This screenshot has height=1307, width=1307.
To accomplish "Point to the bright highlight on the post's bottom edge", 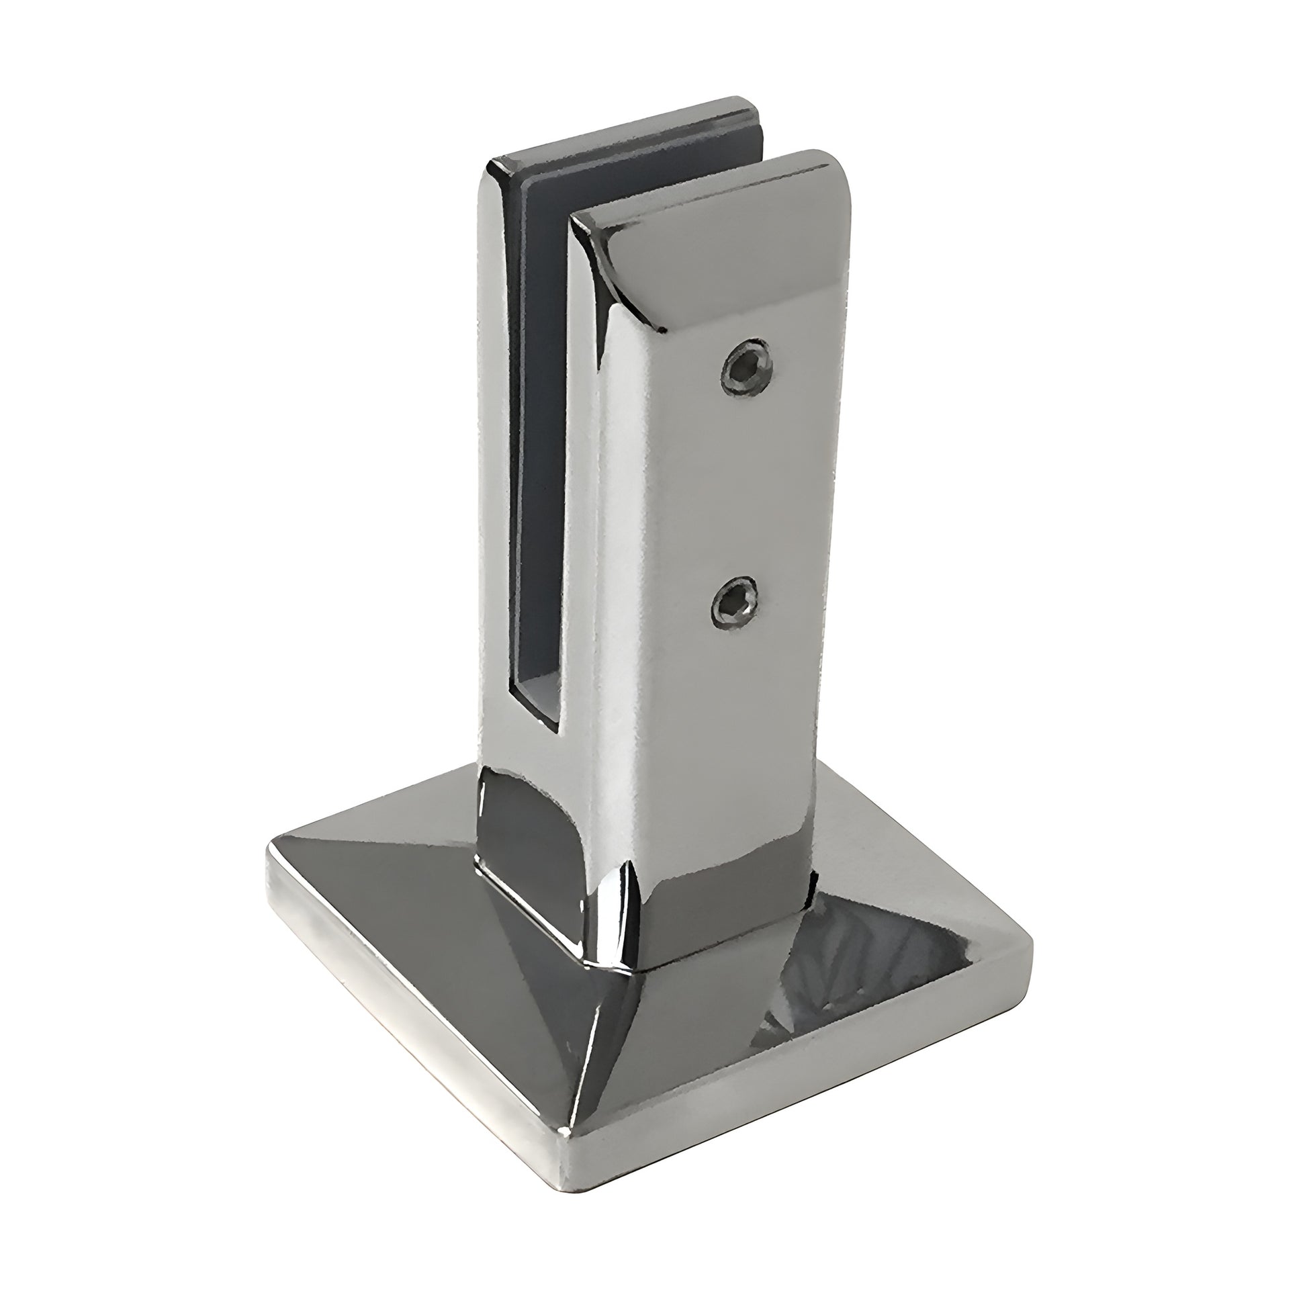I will [619, 907].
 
